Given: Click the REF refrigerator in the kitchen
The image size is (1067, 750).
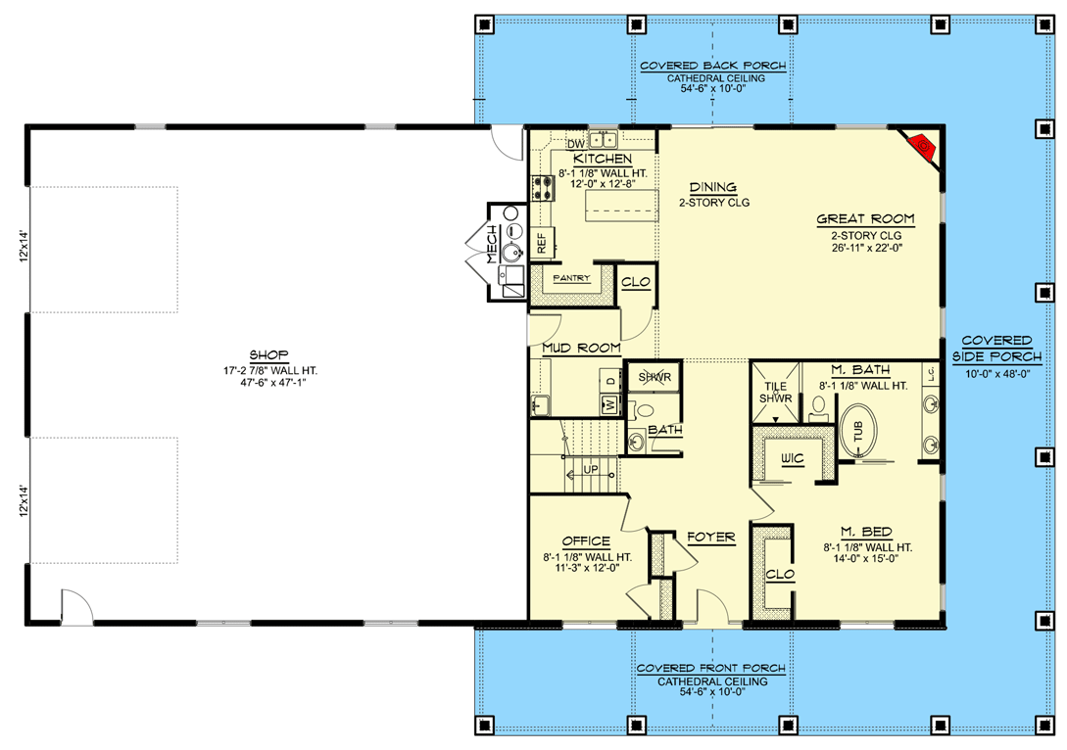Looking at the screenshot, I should tap(542, 242).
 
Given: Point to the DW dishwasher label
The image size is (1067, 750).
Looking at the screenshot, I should tap(575, 144).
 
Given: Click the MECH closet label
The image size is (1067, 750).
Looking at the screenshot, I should tap(492, 244).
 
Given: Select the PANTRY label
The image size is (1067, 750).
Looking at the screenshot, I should tap(571, 279).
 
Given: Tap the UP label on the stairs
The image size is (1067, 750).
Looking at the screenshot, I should tap(590, 470).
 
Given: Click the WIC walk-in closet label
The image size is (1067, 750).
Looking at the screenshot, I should tap(792, 458).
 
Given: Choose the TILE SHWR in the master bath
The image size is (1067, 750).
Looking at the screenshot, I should tap(775, 392).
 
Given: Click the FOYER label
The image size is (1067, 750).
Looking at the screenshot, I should tap(710, 538).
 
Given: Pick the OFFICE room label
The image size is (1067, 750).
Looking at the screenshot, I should tap(587, 541).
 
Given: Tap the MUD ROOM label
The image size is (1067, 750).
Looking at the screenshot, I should tap(581, 348).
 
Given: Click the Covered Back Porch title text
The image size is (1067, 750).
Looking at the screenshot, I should tap(712, 67).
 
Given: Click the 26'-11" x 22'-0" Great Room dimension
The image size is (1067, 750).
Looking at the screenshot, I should tap(865, 250).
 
